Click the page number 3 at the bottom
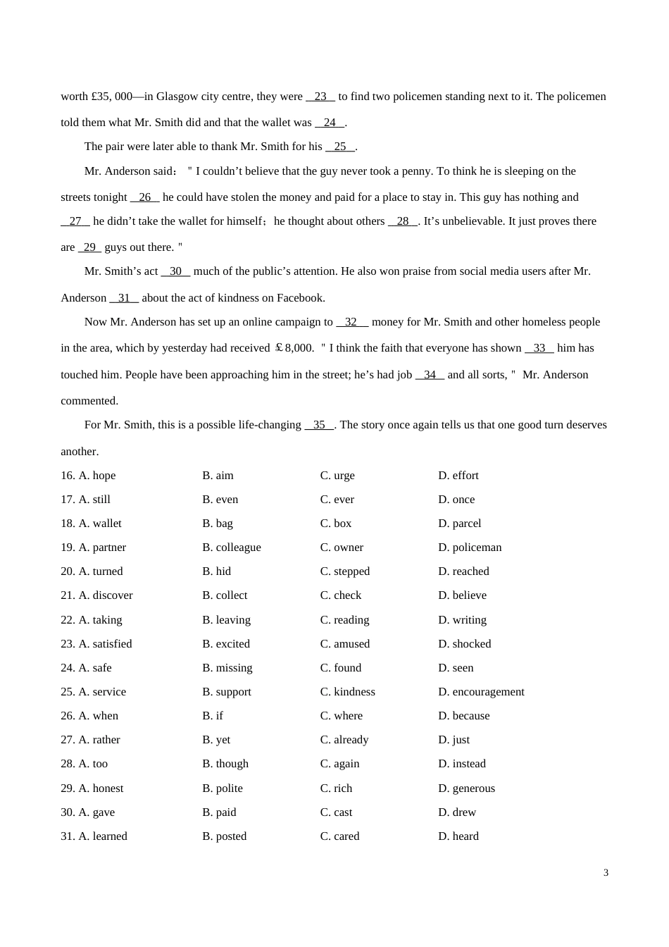point(606,872)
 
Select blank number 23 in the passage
point(320,97)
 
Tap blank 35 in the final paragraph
point(319,425)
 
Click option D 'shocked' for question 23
point(464,644)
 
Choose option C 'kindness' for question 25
point(347,692)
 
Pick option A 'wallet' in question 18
point(100,524)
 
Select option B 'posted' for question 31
point(224,836)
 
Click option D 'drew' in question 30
point(457,812)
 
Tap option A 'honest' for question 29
point(101,788)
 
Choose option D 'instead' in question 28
point(461,764)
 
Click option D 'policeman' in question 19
point(470,547)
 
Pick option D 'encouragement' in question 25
point(481,692)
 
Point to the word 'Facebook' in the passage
point(301,298)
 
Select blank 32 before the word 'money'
point(351,322)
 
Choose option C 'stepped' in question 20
point(344,571)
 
